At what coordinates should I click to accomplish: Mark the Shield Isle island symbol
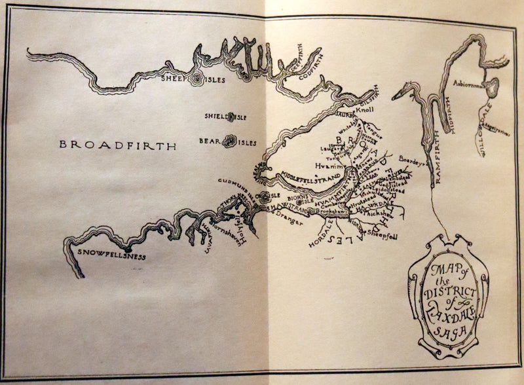coord(230,117)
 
